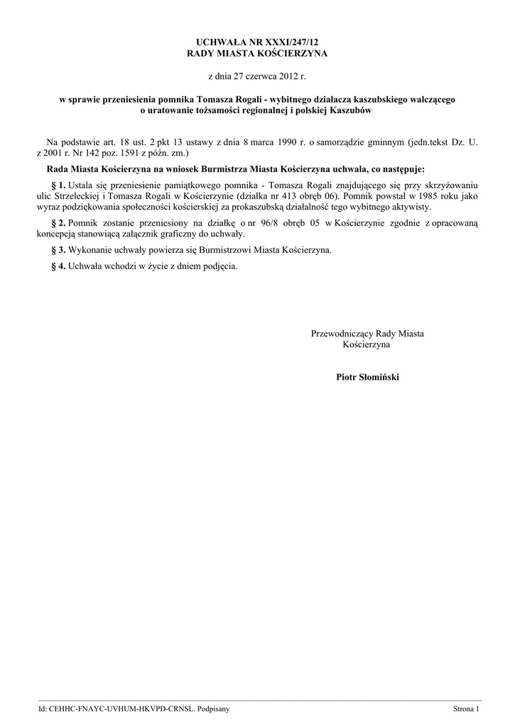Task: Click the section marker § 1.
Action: pyautogui.click(x=60, y=185)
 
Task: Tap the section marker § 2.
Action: pyautogui.click(x=60, y=223)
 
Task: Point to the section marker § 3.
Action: pyautogui.click(x=60, y=250)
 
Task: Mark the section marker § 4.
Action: pyautogui.click(x=60, y=266)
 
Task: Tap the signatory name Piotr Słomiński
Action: pyautogui.click(x=367, y=377)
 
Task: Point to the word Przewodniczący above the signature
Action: pyautogui.click(x=342, y=333)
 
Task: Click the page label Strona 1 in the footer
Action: pyautogui.click(x=467, y=709)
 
